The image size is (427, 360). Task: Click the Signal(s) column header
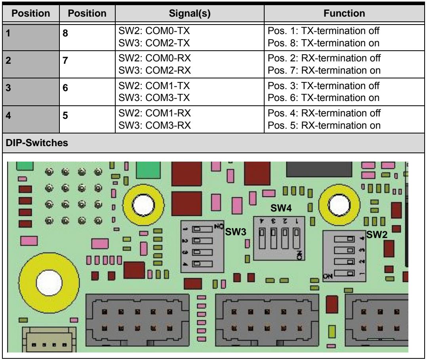(189, 13)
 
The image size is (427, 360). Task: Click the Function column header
(344, 13)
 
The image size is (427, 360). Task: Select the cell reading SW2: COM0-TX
(154, 31)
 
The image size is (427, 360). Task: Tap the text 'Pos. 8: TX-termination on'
(324, 43)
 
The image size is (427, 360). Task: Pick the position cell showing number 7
(87, 64)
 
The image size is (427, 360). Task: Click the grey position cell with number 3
(31, 92)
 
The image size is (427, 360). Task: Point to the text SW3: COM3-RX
(154, 126)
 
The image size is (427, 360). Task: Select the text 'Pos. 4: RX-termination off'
(324, 113)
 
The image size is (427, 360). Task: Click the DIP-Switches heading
(37, 143)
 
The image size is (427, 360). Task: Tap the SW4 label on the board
(281, 208)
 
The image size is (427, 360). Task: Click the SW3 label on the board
(236, 232)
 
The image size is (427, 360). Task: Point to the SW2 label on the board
(377, 234)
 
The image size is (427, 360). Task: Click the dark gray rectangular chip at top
(319, 169)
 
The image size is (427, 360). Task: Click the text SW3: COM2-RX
(154, 70)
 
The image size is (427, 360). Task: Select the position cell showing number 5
(87, 119)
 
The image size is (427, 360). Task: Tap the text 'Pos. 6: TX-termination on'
(324, 98)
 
